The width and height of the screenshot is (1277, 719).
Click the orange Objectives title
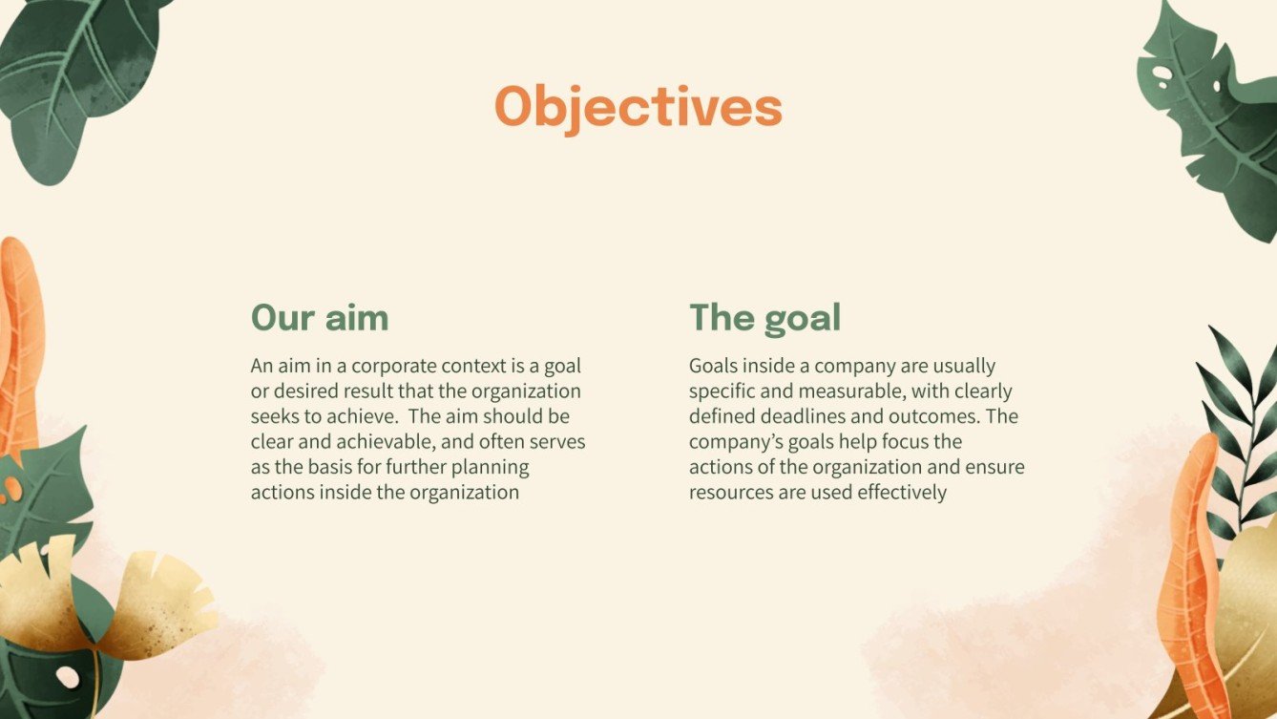point(638,107)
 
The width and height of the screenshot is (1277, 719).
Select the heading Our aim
point(320,317)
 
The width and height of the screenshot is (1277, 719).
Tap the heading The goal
point(764,317)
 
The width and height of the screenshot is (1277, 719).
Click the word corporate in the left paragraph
point(380,366)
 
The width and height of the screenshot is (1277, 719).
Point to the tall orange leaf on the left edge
point(19,344)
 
